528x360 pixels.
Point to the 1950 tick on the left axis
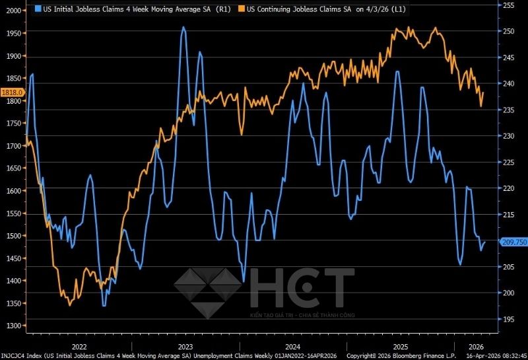tap(13, 33)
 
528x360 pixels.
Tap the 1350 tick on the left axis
tap(13, 303)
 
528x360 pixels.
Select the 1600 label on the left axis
tap(13, 191)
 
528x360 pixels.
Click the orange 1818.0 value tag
tap(13, 92)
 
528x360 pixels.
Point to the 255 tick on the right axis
tap(509, 5)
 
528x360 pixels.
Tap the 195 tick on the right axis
tap(509, 320)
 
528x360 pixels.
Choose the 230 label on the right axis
tap(509, 136)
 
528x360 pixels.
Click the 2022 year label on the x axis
tap(79, 346)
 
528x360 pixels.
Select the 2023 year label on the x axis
tap(185, 346)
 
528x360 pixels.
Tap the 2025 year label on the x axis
tap(401, 346)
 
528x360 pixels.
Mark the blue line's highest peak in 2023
tap(183, 28)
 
